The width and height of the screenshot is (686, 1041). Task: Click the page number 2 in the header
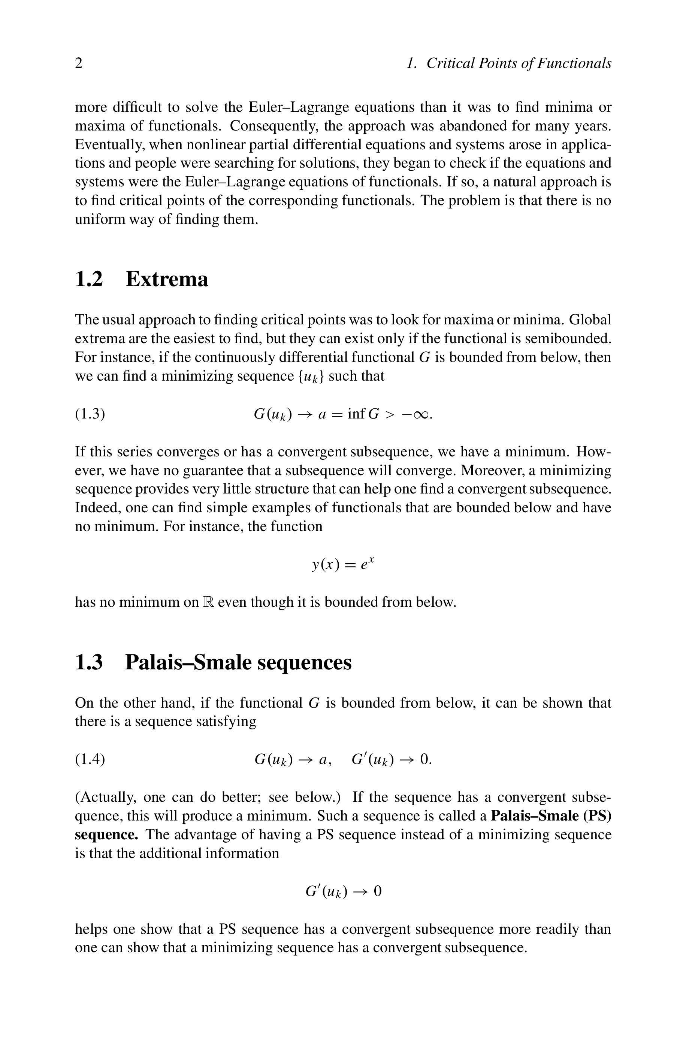click(79, 63)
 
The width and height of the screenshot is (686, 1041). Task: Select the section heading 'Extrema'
click(167, 279)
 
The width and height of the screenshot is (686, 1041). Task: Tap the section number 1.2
click(89, 279)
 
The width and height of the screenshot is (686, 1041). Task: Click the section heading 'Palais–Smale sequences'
click(238, 662)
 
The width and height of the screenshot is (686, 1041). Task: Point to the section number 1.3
click(89, 662)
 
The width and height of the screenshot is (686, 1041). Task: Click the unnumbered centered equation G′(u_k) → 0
click(343, 891)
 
